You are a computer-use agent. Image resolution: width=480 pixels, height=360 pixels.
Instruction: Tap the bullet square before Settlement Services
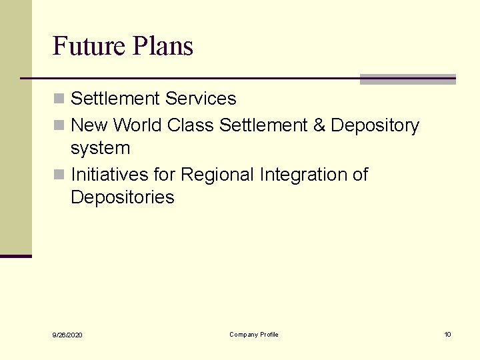pyautogui.click(x=59, y=99)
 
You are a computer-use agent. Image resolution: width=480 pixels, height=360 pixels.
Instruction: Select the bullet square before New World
pyautogui.click(x=59, y=126)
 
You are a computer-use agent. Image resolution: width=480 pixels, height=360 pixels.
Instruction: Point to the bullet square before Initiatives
pyautogui.click(x=59, y=175)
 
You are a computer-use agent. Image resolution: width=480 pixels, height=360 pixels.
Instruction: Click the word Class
pyautogui.click(x=191, y=125)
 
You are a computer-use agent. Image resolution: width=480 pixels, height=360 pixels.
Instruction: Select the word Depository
pyautogui.click(x=375, y=125)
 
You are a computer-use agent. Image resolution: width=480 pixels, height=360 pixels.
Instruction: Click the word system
pyautogui.click(x=100, y=149)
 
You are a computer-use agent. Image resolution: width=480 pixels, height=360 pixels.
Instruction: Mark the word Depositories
pyautogui.click(x=122, y=197)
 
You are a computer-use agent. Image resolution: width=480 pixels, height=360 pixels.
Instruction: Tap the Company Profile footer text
pyautogui.click(x=254, y=334)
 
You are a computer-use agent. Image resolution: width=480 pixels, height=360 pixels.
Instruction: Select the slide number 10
pyautogui.click(x=447, y=334)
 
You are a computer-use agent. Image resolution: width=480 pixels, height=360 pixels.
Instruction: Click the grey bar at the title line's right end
pyautogui.click(x=407, y=79)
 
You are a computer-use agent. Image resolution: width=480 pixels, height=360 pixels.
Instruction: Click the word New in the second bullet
pyautogui.click(x=89, y=125)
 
